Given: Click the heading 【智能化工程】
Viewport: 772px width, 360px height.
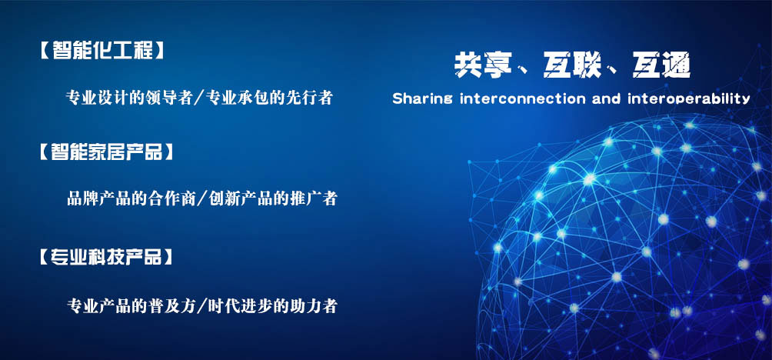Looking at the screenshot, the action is [x=101, y=51].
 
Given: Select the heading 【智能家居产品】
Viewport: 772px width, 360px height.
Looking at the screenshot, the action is [x=106, y=152].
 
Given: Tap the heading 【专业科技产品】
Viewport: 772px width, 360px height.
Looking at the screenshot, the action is [x=106, y=257].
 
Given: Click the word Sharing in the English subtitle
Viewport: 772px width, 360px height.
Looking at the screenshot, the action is [x=422, y=98].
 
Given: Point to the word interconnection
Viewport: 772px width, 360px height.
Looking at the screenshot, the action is [x=523, y=98].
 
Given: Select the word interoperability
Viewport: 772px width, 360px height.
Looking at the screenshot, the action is [x=689, y=98].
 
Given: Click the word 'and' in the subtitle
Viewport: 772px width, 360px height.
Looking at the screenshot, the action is [x=607, y=98].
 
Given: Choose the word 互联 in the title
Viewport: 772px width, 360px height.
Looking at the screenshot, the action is [x=573, y=65].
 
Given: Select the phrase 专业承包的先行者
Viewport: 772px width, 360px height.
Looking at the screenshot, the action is [x=270, y=98].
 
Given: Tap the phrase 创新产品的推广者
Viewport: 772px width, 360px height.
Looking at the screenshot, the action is [x=273, y=199].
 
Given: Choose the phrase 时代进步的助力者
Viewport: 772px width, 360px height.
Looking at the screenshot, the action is [x=273, y=306].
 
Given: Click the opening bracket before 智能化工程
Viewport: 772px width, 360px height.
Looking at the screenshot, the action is [x=44, y=51].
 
